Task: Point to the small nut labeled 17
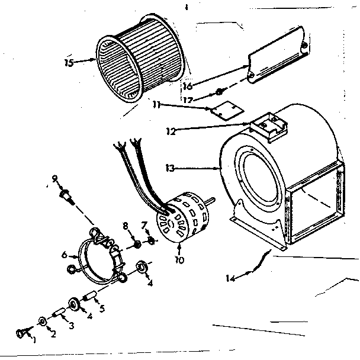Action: coord(218,92)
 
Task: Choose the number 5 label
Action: coord(101,308)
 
